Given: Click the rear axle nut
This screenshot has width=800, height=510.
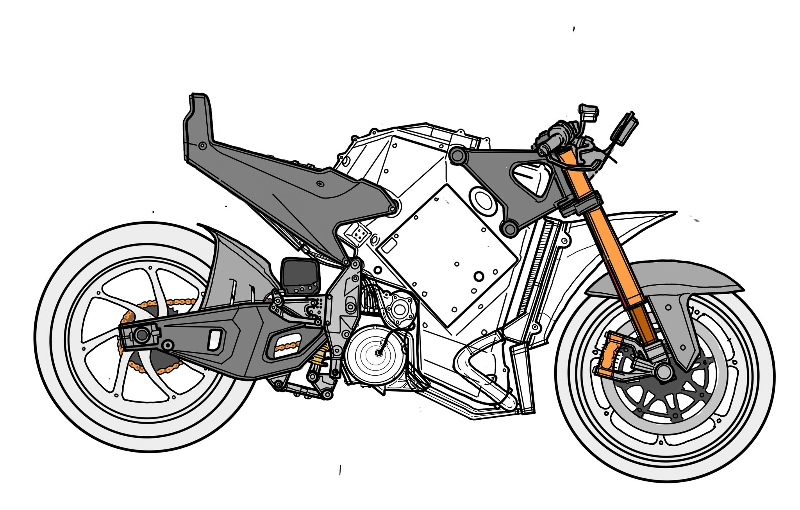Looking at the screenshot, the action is point(141,335).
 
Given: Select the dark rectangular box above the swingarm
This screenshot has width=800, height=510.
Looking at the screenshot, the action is point(300,276).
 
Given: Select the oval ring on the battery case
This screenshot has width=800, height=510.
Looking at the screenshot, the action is point(483,200).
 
